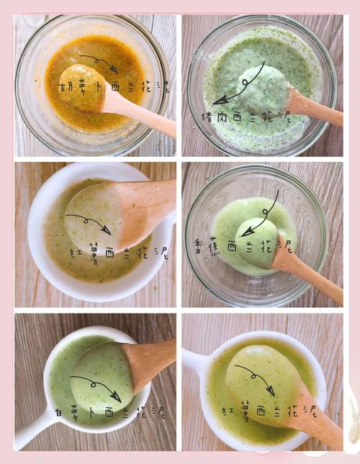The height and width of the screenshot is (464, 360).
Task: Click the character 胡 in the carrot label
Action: click(64, 87)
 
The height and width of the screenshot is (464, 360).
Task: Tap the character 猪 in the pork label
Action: click(207, 117)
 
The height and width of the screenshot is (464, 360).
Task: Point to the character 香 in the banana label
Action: click(199, 245)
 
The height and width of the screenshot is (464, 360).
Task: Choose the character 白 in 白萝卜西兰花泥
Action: click(58, 412)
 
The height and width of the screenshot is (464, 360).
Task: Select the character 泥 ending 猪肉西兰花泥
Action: click(284, 116)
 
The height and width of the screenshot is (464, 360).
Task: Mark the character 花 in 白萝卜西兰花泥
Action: click(142, 411)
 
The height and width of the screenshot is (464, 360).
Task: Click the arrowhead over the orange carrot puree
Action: click(114, 68)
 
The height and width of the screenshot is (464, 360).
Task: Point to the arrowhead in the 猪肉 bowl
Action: click(220, 100)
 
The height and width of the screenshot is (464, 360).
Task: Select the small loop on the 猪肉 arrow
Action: click(245, 82)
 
